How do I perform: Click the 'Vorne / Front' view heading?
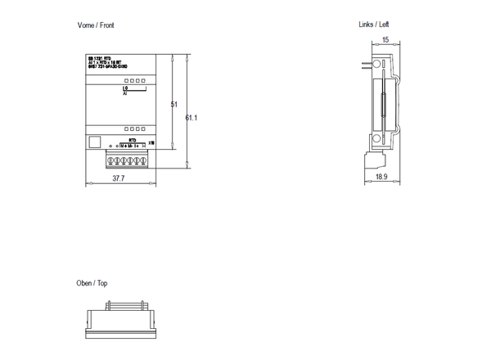[x=96, y=25]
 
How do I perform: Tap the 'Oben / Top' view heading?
[x=92, y=283]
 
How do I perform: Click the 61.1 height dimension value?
[x=191, y=118]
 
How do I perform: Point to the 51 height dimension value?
[x=173, y=105]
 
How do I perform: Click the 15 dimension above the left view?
[x=385, y=39]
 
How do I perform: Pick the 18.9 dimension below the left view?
[x=381, y=177]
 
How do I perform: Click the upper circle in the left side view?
[x=374, y=64]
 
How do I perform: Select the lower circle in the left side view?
[x=374, y=144]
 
